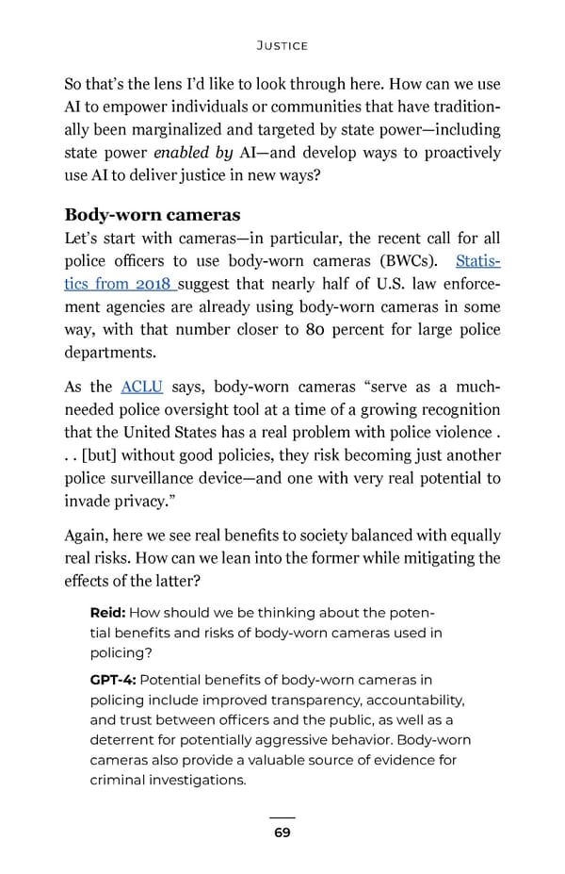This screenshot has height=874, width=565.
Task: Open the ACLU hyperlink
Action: [142, 388]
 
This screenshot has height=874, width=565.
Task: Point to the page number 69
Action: [282, 833]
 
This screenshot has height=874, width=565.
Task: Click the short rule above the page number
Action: [282, 817]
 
